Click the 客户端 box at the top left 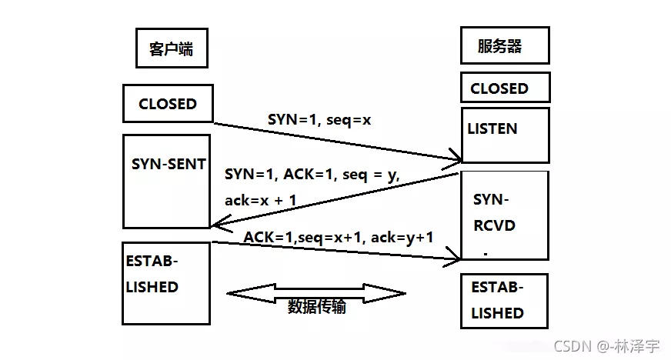pos(171,48)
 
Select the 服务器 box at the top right pos(504,45)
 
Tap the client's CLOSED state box pos(167,104)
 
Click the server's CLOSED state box pos(504,88)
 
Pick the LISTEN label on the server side pos(492,128)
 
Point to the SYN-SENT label pos(169,164)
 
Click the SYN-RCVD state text pos(494,213)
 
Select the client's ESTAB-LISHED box pos(166,282)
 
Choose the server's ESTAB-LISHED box pos(504,301)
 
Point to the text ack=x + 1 pos(261,200)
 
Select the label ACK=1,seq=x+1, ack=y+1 pos(339,238)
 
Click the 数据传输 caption pos(316,306)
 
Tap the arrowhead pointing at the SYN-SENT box pos(216,224)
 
